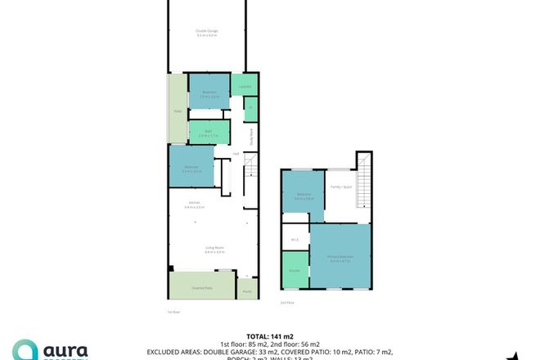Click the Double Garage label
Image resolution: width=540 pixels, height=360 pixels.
click(x=207, y=34)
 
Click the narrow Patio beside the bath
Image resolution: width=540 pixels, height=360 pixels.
click(x=178, y=110)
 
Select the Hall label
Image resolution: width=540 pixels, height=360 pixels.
click(x=236, y=154)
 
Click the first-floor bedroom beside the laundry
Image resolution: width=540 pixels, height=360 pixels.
click(x=209, y=95)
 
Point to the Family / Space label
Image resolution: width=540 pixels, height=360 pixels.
click(x=342, y=187)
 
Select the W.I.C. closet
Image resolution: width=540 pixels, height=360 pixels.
click(x=295, y=239)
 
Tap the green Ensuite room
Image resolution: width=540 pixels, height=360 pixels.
click(x=295, y=270)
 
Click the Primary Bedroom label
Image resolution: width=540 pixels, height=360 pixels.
click(x=340, y=258)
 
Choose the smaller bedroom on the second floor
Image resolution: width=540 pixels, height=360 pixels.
click(x=304, y=195)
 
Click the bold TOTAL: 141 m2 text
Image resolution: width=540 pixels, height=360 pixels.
click(x=270, y=335)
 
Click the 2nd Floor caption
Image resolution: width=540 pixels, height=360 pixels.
click(x=287, y=303)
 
